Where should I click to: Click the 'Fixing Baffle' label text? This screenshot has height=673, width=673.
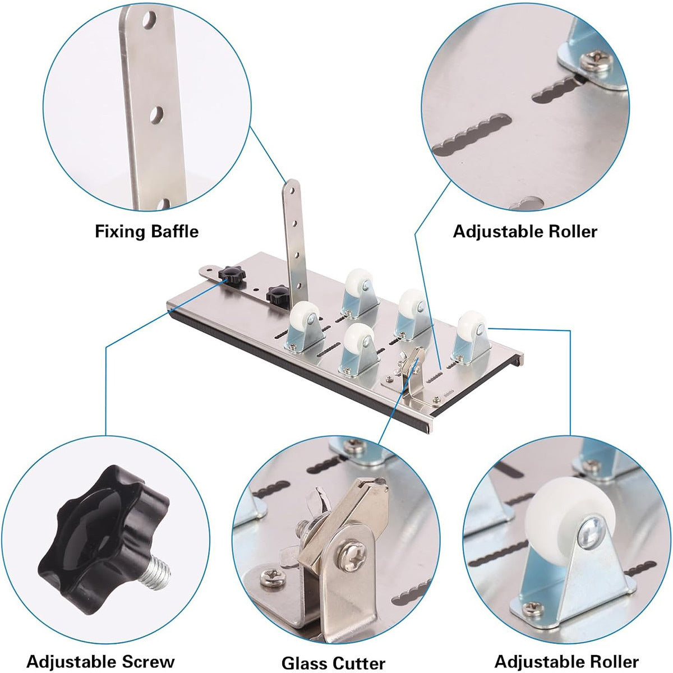tap(147, 232)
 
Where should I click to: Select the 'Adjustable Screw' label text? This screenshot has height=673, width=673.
tap(100, 652)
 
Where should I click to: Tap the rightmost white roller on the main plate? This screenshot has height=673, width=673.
tap(472, 324)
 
